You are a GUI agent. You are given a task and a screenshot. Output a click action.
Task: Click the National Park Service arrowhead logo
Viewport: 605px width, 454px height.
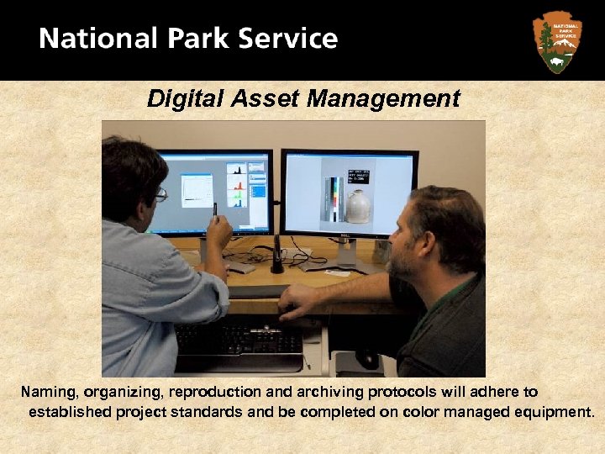click(556, 41)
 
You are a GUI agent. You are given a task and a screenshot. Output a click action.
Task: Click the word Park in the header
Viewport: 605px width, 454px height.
click(196, 40)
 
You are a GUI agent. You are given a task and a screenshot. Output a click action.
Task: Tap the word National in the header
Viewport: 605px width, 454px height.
click(97, 40)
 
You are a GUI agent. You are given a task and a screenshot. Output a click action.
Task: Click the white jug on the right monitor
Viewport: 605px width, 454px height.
click(358, 206)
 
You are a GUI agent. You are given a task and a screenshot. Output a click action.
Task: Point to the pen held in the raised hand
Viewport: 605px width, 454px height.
click(215, 210)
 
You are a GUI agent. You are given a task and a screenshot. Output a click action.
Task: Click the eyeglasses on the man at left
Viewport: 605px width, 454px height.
click(160, 195)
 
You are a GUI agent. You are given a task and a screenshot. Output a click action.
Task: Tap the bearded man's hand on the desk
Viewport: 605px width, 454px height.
click(296, 300)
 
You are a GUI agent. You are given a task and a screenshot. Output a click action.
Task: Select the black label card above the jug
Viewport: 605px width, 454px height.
click(355, 177)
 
